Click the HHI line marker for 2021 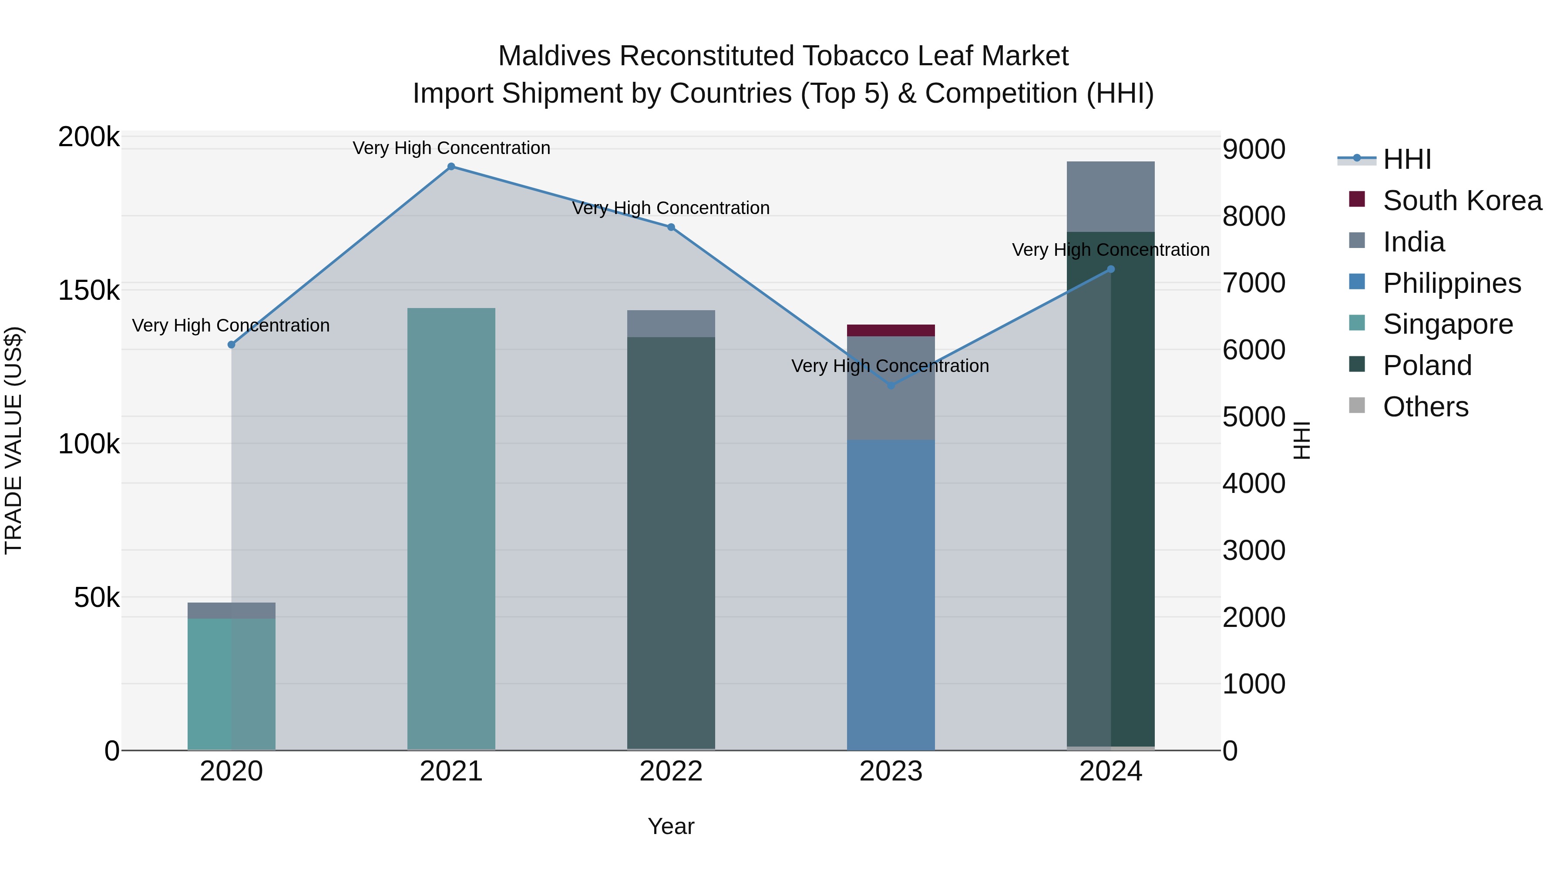coord(451,167)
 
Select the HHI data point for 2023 coord(891,385)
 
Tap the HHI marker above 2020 coord(231,345)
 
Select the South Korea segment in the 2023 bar coord(891,330)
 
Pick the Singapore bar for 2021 coord(451,529)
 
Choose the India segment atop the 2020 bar coord(231,610)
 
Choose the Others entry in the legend coord(1425,407)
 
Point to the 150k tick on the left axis coord(89,291)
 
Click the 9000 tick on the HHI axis coord(1254,150)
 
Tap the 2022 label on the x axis coord(671,771)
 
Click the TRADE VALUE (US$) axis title coord(13,440)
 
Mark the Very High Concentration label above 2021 coord(451,148)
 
